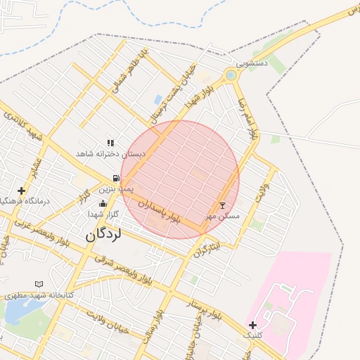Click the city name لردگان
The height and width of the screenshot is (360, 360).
click(x=103, y=234)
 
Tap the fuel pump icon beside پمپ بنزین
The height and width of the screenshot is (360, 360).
click(x=115, y=178)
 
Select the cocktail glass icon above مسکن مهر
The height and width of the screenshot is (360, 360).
click(x=223, y=205)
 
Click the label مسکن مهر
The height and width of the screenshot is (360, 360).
click(x=222, y=216)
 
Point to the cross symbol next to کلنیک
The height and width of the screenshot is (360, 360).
click(x=252, y=325)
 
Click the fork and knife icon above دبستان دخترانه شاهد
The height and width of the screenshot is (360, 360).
click(x=110, y=143)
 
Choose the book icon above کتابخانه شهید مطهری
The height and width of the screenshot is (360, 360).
click(x=39, y=284)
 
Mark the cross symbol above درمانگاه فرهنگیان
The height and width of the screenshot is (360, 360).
click(x=22, y=190)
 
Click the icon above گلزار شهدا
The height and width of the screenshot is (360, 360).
click(x=103, y=203)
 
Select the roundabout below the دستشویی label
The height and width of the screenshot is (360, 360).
click(x=231, y=75)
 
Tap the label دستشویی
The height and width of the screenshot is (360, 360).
click(x=252, y=63)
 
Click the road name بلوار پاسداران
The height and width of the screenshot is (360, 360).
click(x=160, y=212)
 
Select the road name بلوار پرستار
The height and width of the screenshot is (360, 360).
click(x=205, y=309)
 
